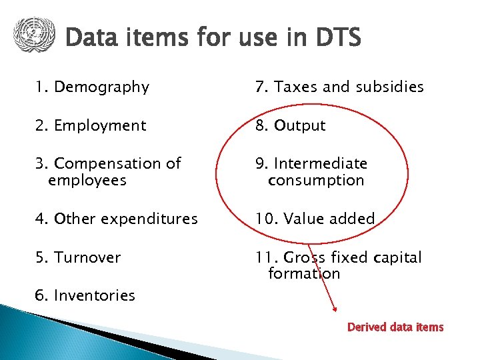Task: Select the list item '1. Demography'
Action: pyautogui.click(x=93, y=87)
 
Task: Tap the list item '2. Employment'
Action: pyautogui.click(x=91, y=125)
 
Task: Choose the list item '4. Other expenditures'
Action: pyautogui.click(x=117, y=219)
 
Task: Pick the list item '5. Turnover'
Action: pyautogui.click(x=78, y=257)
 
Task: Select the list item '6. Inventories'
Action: pyautogui.click(x=85, y=295)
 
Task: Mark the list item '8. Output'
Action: pyautogui.click(x=290, y=125)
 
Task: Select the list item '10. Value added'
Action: pyautogui.click(x=315, y=219)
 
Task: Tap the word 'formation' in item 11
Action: pyautogui.click(x=304, y=273)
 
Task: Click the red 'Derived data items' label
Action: pyautogui.click(x=395, y=327)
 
